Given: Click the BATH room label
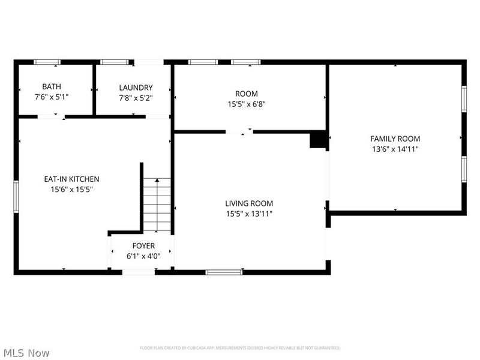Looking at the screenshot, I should (51, 87).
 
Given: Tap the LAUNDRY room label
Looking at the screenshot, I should (136, 87).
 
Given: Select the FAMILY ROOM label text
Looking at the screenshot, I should (395, 139).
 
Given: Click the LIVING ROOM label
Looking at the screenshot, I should (249, 203).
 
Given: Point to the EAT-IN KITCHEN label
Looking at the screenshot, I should (71, 179).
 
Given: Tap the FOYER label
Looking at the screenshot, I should (143, 246).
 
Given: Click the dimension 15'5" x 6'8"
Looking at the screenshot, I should (246, 103).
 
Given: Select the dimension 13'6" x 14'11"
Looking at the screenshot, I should (395, 149).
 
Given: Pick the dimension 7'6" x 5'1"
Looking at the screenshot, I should (51, 97).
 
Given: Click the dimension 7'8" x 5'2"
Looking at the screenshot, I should (136, 97).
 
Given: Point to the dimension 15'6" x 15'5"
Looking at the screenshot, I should (71, 189).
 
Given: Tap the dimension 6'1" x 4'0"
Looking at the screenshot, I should (143, 256).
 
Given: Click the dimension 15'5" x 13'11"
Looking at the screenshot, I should (249, 214).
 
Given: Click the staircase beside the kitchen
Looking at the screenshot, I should (157, 204).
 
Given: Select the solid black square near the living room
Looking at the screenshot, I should (317, 140).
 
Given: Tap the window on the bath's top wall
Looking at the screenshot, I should (47, 61).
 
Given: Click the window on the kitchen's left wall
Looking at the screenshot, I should (16, 196).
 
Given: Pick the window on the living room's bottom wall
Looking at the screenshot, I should (224, 272).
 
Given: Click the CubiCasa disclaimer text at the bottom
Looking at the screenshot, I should (240, 348).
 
